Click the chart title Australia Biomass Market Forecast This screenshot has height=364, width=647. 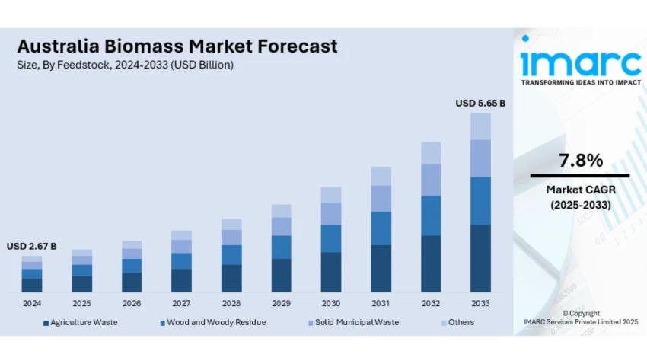point(177,46)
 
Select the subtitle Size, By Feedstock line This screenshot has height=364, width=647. point(125,65)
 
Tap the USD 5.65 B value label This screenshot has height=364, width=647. point(480,103)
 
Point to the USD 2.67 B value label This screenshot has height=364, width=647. point(32,246)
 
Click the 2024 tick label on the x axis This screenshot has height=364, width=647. point(32,303)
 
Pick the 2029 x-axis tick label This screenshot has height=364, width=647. point(281,303)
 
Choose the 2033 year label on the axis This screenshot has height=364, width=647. point(480,303)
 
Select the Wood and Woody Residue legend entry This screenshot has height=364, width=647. point(212,322)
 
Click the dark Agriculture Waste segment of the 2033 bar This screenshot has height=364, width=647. point(480,259)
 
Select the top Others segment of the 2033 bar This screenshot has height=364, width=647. point(480,126)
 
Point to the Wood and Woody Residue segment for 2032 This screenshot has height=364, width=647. point(431,216)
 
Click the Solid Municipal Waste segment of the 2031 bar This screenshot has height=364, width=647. point(381,199)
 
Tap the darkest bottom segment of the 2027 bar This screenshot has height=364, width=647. point(181,280)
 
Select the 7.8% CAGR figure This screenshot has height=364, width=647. point(580,161)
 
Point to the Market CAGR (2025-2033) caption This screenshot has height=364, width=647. point(580,196)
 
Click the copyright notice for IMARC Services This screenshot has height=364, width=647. point(580,318)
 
